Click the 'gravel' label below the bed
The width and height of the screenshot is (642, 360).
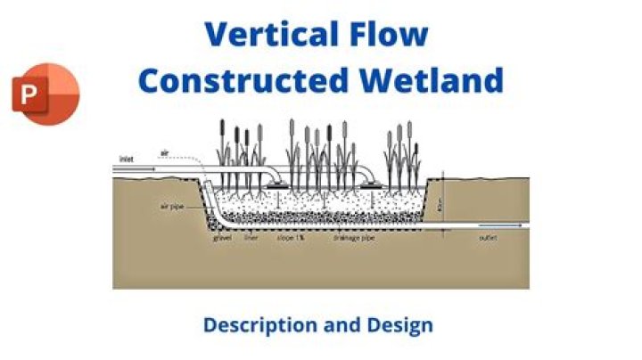(223, 239)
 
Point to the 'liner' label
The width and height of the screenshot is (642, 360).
(251, 239)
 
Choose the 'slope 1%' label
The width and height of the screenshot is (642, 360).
(285, 239)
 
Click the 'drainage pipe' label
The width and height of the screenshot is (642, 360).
(351, 239)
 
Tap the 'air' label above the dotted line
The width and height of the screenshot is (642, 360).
(164, 152)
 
